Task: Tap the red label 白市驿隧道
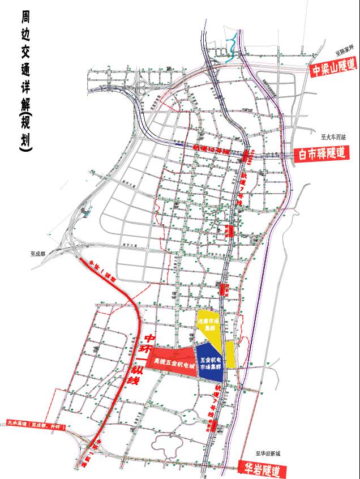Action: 320,153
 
